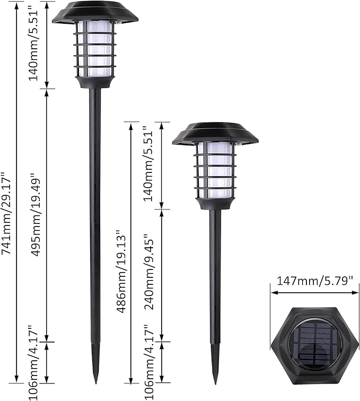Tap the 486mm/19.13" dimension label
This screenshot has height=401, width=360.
click(121, 271)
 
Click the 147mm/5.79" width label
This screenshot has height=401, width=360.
click(312, 281)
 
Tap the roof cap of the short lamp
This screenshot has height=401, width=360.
click(215, 134)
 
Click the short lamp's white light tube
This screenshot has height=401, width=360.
click(215, 169)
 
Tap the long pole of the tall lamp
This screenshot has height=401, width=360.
click(95, 212)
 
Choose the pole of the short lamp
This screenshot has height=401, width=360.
click(215, 276)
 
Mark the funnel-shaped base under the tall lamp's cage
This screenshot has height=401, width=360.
click(95, 82)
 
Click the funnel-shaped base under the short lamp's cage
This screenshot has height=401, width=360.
click(215, 203)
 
